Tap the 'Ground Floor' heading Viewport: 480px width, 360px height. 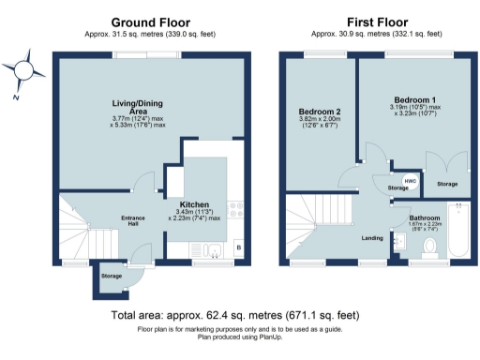(150, 22)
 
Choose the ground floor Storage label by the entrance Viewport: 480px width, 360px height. (112, 277)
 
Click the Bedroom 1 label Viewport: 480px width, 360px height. (413, 98)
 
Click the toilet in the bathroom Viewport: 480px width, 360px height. (430, 246)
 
